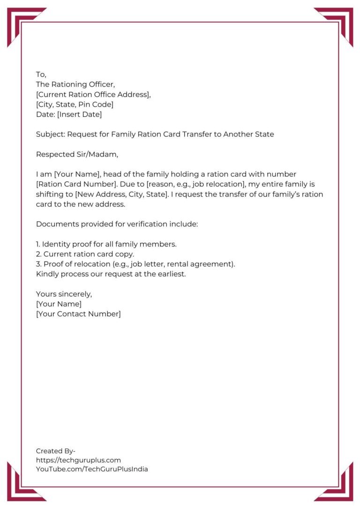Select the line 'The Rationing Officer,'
coord(75,84)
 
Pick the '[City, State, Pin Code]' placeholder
coord(75,104)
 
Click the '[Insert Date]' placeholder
coord(79,114)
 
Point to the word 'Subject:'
coord(50,135)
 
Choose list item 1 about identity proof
coord(106,244)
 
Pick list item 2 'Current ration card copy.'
coord(85,254)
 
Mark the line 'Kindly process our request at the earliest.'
coord(111,274)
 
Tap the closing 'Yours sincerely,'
coord(64,294)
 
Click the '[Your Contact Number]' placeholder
coord(78,314)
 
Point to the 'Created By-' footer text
coord(56,451)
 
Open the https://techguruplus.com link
coord(78,460)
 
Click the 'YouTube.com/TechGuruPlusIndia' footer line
coord(92,469)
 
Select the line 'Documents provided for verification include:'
coord(117,224)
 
